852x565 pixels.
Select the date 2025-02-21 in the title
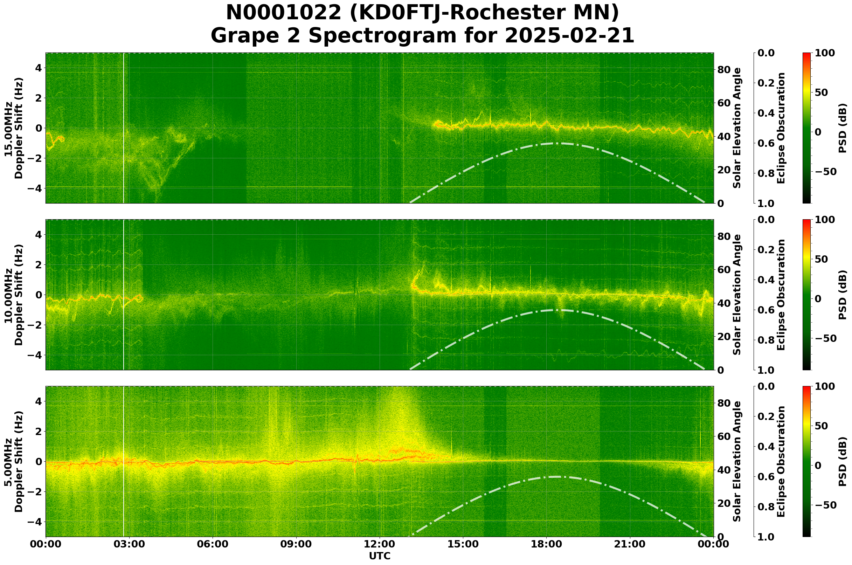point(569,36)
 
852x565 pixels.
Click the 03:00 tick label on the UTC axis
point(129,544)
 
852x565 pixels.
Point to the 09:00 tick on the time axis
point(297,544)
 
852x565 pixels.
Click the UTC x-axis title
point(380,556)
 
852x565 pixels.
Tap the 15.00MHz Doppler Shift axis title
point(13,128)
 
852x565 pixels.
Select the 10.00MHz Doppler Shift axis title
point(13,295)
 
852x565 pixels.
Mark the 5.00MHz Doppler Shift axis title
point(13,462)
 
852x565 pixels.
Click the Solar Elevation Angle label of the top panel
point(737,128)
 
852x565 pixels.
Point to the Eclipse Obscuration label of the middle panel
point(781,295)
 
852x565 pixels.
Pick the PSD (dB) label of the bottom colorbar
point(842,462)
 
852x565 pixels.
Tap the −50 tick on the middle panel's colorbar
point(825,338)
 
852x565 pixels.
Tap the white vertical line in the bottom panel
point(124,462)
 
